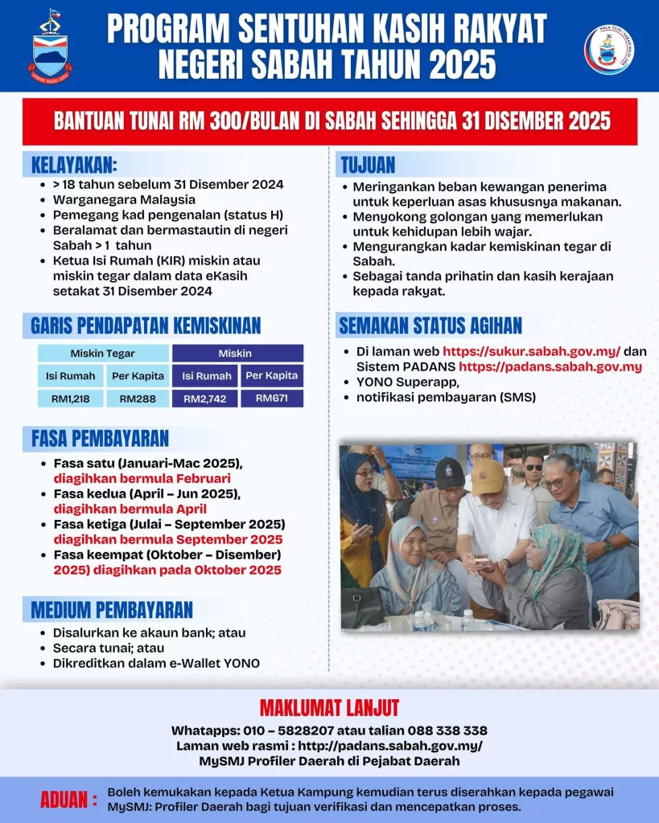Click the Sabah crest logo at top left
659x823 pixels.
tap(50, 47)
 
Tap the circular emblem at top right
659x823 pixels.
tap(608, 49)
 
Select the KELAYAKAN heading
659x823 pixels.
tap(74, 166)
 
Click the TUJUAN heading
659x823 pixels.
tap(368, 166)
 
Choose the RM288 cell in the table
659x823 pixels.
tap(138, 398)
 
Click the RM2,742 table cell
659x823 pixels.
tap(207, 399)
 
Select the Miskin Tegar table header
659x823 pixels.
tap(102, 353)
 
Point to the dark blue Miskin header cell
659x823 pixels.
tap(235, 353)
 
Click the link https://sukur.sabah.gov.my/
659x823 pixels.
tap(531, 352)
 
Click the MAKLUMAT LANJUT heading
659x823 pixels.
tap(329, 708)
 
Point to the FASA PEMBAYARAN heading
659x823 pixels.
tap(100, 438)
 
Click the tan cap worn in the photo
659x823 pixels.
tap(488, 476)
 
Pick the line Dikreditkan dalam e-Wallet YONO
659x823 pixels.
tap(156, 663)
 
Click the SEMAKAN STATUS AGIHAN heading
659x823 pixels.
tap(430, 326)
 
